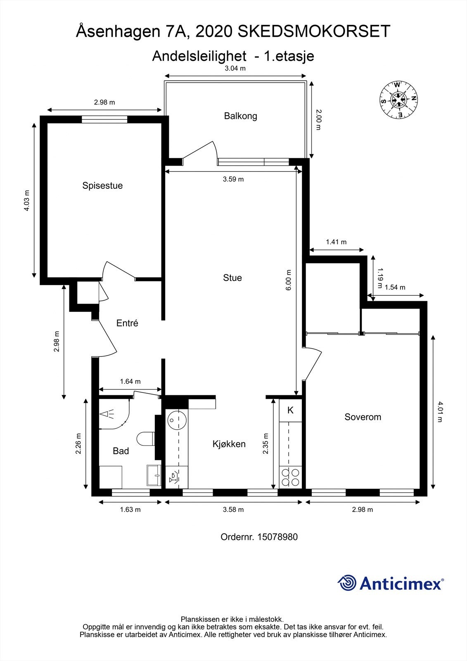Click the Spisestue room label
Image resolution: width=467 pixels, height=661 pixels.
tap(102, 185)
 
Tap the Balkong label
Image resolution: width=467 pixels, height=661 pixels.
tap(240, 116)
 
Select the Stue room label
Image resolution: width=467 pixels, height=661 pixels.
tap(232, 278)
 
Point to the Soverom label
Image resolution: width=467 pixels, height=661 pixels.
tap(363, 417)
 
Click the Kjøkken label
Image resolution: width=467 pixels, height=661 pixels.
tap(229, 444)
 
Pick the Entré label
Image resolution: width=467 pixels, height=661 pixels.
tap(127, 323)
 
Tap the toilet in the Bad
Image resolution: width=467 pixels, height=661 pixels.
tap(145, 439)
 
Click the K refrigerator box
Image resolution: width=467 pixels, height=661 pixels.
tap(290, 410)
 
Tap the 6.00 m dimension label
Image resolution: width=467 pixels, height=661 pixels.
tap(289, 280)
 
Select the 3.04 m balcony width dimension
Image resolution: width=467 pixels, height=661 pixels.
tap(235, 69)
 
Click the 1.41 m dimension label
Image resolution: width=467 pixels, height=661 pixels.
tap(336, 242)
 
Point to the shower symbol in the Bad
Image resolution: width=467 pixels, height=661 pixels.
tap(108, 414)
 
